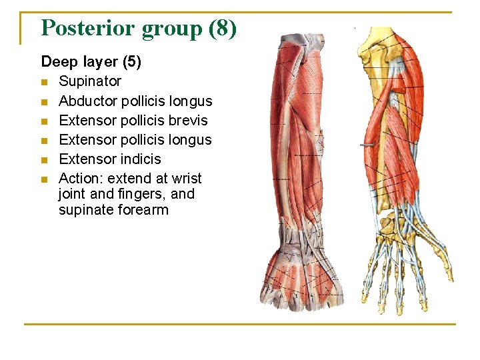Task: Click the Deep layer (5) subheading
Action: click(x=91, y=62)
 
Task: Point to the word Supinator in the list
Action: click(x=90, y=81)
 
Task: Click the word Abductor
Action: click(x=86, y=101)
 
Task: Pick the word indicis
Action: click(x=137, y=159)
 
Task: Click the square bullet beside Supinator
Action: click(x=45, y=82)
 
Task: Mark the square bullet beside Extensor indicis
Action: click(x=45, y=159)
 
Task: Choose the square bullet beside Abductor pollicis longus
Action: click(x=45, y=101)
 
